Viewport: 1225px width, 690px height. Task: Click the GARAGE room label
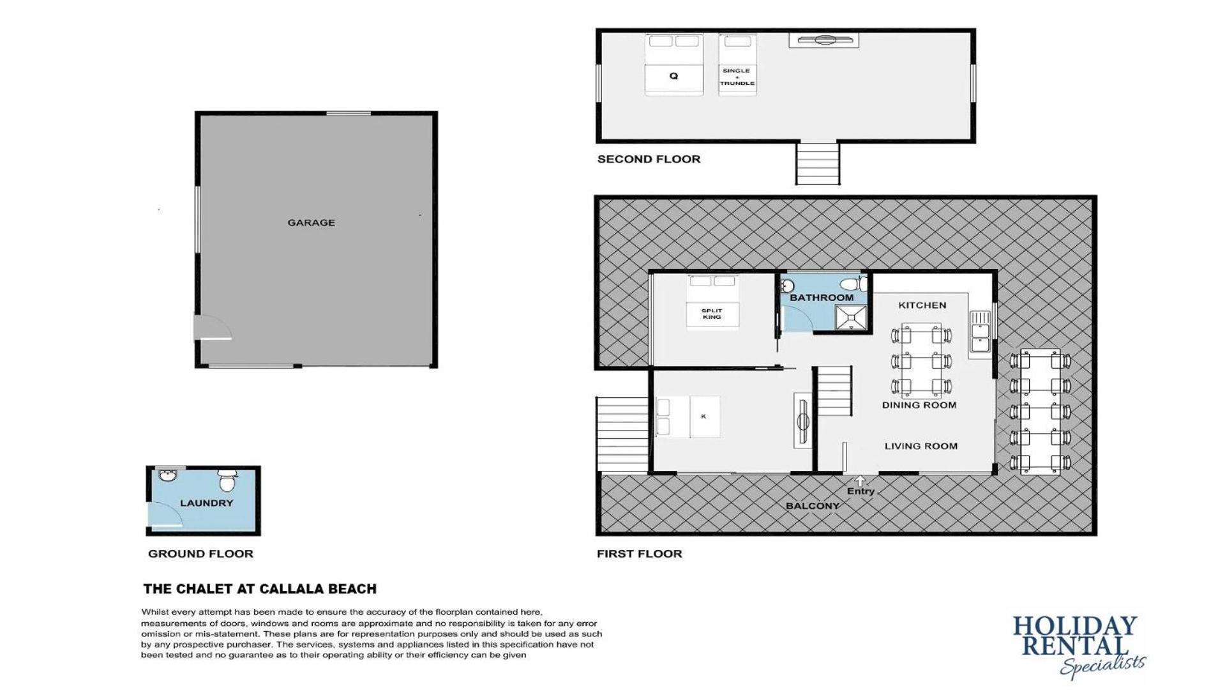(311, 223)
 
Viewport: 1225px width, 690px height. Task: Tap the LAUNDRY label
(206, 503)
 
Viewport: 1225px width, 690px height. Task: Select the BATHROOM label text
(822, 298)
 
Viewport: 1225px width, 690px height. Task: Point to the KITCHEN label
(922, 305)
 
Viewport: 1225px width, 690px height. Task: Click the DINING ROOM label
(919, 405)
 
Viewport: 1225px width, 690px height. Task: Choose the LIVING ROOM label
(921, 447)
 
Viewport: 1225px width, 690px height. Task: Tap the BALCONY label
(812, 506)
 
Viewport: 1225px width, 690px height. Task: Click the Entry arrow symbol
(860, 480)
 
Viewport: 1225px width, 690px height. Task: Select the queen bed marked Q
(673, 65)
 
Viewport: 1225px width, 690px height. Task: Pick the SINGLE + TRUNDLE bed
(737, 65)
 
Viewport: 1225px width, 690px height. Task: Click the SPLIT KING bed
(712, 302)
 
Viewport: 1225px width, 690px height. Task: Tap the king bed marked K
(688, 417)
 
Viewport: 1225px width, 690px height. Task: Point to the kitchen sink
(980, 332)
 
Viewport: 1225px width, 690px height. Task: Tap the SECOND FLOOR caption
(649, 159)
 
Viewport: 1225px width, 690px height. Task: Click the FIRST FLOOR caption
(639, 554)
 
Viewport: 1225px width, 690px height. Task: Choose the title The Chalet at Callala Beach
(260, 589)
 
